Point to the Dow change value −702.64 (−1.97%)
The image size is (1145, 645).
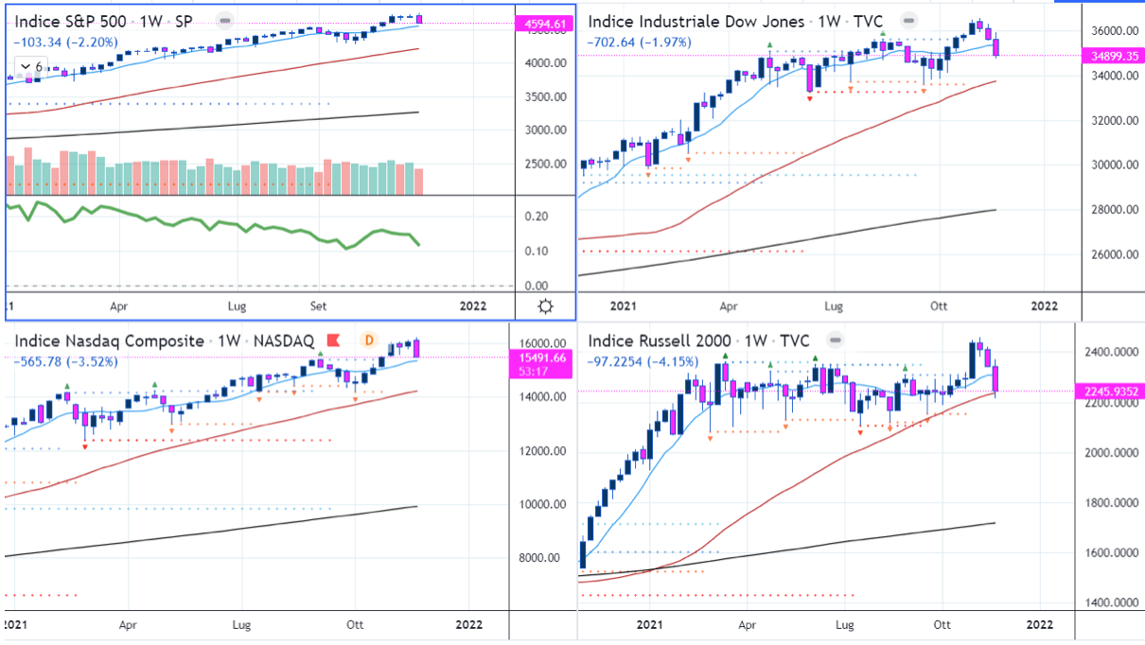(x=639, y=42)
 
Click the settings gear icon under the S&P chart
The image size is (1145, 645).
(x=545, y=305)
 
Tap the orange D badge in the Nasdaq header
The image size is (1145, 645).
(x=369, y=340)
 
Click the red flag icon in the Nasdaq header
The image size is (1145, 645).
(x=333, y=340)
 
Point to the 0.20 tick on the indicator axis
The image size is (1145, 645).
(x=537, y=217)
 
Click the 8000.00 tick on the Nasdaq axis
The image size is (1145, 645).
(x=540, y=558)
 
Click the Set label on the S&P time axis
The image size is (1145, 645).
(x=319, y=306)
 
